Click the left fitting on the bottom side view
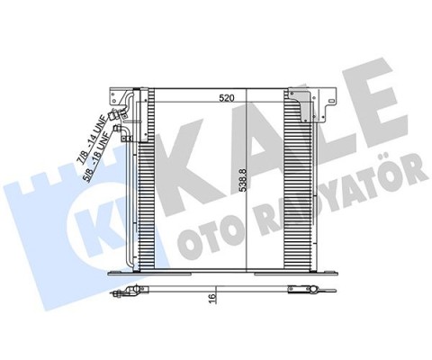135,290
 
